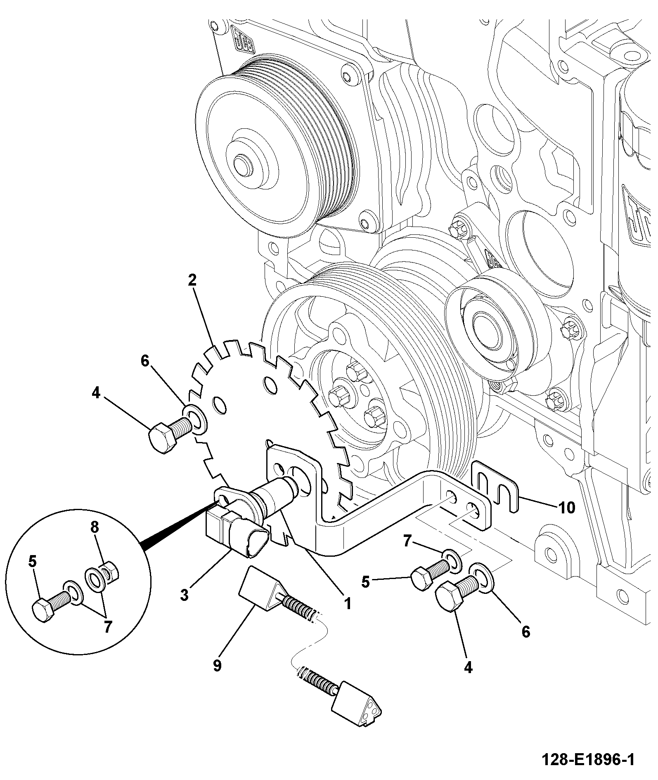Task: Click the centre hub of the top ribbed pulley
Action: pyautogui.click(x=242, y=162)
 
